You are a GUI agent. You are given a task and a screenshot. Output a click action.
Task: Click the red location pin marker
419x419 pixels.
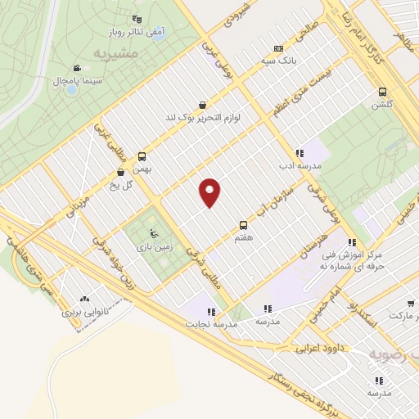click(209, 192)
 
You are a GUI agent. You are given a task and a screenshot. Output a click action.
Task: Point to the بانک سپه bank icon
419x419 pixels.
click(279, 47)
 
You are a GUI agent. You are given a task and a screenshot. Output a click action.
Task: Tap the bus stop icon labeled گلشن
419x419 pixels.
click(383, 92)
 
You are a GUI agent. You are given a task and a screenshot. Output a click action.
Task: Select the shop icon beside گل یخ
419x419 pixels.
click(121, 173)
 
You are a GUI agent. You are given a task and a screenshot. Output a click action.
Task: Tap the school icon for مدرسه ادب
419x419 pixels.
click(300, 152)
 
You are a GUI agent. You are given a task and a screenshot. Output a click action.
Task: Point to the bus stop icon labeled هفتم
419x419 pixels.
click(242, 223)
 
